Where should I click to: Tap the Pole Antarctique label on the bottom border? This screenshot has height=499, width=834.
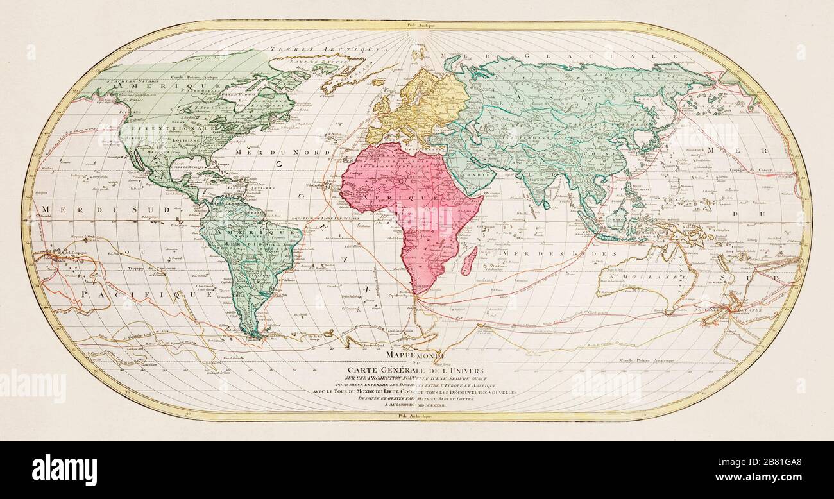416,416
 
